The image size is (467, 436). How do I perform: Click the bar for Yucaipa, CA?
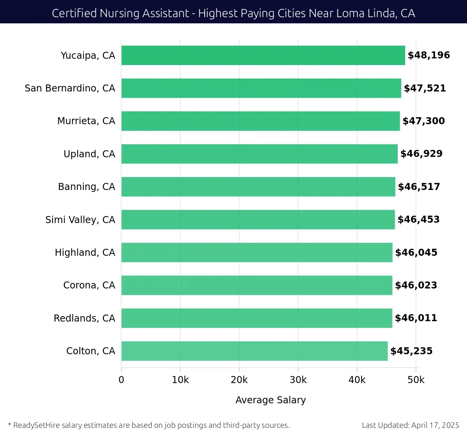pos(263,55)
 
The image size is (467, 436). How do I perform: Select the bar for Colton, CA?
pos(255,351)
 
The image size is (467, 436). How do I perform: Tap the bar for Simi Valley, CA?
pos(258,220)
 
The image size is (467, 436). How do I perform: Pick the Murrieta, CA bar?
pos(260,121)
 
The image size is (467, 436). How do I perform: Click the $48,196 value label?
pos(428,55)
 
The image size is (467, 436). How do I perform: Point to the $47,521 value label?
pos(425,88)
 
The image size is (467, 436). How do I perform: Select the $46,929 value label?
pos(421,154)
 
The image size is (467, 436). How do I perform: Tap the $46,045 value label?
pos(416,253)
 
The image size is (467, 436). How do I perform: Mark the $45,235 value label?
pos(411,351)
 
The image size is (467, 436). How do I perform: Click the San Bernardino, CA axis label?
pos(70,88)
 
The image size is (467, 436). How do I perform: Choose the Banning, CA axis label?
pos(86,187)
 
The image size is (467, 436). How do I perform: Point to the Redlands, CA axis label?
pos(84,318)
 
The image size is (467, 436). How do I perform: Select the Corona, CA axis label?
pos(89,285)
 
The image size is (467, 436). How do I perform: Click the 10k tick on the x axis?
pos(180,380)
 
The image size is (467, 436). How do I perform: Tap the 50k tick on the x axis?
pos(416,380)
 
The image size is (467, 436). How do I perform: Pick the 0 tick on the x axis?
pos(121,380)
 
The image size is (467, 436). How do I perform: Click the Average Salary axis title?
pos(270,400)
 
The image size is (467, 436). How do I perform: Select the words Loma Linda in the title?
pos(365,13)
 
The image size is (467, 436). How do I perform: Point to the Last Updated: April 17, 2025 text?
pos(410,425)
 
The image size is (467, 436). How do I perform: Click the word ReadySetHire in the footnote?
pos(37,425)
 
